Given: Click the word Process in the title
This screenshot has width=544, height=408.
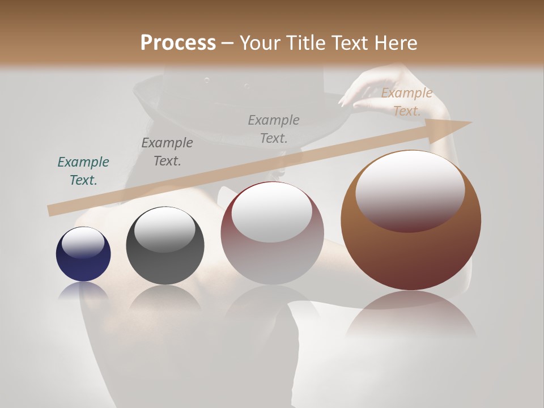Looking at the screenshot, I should pyautogui.click(x=178, y=43).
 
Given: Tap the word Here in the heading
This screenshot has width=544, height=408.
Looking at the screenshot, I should pyautogui.click(x=395, y=43).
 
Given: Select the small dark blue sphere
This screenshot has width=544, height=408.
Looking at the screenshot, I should pyautogui.click(x=83, y=254).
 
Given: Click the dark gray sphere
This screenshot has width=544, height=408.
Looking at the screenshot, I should pyautogui.click(x=165, y=246).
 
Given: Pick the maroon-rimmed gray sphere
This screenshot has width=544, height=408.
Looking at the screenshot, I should pyautogui.click(x=272, y=233).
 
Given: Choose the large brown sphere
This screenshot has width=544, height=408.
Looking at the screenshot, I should pyautogui.click(x=411, y=220).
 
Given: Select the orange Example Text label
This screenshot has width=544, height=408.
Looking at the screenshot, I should pyautogui.click(x=406, y=102).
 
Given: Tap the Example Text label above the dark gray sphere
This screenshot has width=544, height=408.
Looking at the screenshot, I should pyautogui.click(x=167, y=152).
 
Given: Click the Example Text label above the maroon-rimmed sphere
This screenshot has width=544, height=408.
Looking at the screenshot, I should pyautogui.click(x=274, y=129).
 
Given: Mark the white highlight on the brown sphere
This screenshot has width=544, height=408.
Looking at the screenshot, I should pyautogui.click(x=410, y=190).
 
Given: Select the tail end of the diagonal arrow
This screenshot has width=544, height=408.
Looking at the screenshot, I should pyautogui.click(x=52, y=210).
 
